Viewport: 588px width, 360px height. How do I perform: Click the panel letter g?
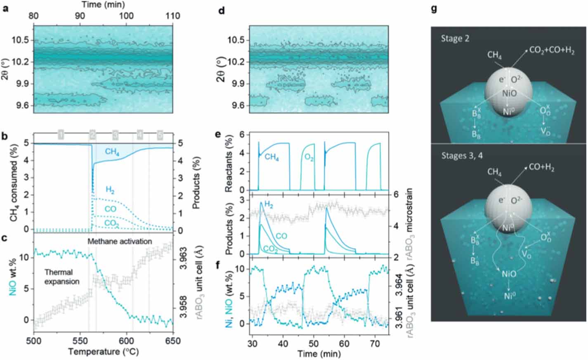click(434, 8)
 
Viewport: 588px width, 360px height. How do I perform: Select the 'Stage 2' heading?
click(456, 38)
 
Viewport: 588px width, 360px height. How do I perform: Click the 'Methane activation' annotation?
click(120, 241)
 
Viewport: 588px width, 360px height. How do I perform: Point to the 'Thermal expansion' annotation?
click(61, 277)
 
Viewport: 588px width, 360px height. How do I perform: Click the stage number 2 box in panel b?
click(92, 135)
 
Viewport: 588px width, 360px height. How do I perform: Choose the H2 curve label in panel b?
click(110, 190)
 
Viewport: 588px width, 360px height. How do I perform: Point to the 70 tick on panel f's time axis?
click(374, 343)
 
